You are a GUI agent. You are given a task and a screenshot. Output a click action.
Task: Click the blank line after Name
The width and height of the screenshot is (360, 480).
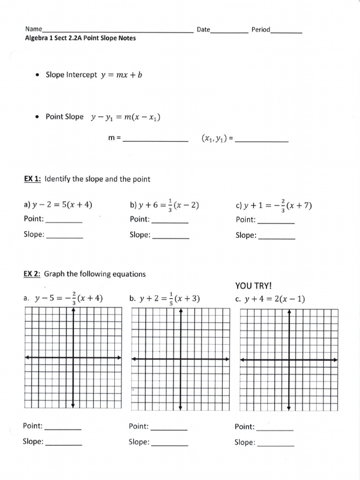pos(117,31)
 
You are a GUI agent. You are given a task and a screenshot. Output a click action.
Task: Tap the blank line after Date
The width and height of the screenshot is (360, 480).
pos(229,31)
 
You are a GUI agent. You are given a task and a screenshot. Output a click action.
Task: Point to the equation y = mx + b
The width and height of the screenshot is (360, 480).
pos(121,75)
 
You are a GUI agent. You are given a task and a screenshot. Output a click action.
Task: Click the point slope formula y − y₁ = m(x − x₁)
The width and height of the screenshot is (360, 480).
pos(126,118)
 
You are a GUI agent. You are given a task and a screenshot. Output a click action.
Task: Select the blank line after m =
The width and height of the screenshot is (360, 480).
pos(155,140)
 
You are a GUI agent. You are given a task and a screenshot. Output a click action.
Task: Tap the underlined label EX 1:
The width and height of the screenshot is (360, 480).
pos(32,179)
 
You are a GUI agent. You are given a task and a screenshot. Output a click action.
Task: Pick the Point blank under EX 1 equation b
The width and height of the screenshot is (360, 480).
pos(170,221)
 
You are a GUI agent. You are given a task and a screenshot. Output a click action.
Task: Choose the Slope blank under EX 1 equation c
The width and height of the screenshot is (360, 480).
pos(277,238)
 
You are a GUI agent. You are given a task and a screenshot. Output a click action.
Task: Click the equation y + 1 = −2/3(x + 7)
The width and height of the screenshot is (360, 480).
pos(274,205)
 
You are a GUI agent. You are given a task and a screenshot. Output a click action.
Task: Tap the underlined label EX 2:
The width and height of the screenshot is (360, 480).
pos(32,274)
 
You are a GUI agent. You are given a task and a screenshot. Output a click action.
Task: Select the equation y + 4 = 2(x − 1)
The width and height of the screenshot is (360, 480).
pos(275,299)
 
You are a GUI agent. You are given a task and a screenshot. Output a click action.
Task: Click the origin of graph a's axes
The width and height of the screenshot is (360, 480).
pos(73,358)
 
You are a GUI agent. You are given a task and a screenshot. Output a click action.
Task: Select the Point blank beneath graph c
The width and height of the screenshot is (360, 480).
pos(275,428)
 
